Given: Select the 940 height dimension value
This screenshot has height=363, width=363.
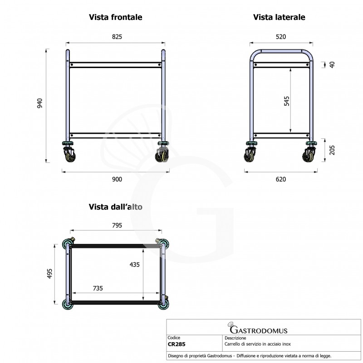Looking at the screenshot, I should [40, 104].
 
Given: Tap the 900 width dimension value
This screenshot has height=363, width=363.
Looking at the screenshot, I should [117, 179].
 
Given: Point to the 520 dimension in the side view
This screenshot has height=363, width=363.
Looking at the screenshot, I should [281, 36].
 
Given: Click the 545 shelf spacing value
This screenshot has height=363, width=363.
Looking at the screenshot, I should [286, 100].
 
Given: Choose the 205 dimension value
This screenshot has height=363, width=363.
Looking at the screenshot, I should [332, 150].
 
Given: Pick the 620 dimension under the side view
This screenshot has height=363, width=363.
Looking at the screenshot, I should [281, 179].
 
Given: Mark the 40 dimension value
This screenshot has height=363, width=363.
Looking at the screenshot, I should [332, 64].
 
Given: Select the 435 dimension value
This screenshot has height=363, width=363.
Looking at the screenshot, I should [135, 264].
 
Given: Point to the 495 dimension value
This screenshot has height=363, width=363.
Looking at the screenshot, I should [50, 274].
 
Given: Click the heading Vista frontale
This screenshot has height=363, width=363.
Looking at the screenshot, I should [115, 17].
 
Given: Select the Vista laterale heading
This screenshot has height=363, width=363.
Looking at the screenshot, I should [279, 17].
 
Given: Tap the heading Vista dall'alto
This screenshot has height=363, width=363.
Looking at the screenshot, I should [115, 207].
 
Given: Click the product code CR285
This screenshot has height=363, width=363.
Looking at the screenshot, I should [177, 344].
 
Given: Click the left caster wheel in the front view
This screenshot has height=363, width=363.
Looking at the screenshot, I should [69, 155].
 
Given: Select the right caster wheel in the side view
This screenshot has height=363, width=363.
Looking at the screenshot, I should [309, 155].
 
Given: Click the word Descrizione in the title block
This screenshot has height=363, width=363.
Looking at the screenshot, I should [235, 338].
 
